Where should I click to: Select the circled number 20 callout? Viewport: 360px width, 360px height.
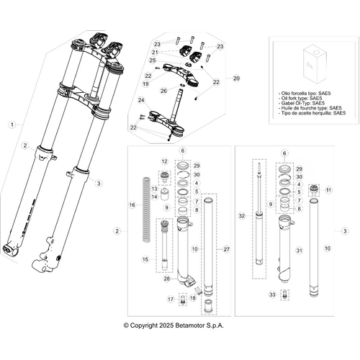(237, 78)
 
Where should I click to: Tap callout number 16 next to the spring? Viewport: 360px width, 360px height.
(131, 205)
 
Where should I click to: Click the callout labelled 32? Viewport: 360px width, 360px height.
(242, 215)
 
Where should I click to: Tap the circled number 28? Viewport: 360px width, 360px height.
(167, 278)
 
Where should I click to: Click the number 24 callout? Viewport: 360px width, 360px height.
(142, 101)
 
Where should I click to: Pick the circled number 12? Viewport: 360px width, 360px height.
(163, 161)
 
